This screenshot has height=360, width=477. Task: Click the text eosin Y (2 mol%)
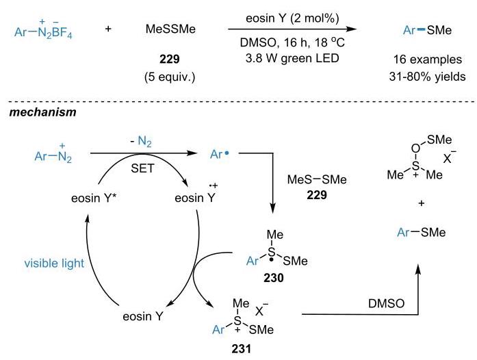click(292, 18)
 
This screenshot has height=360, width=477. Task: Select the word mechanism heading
click(42, 112)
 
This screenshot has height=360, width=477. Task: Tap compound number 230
click(274, 278)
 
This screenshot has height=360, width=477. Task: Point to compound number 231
click(242, 349)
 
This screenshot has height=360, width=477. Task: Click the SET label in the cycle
click(142, 168)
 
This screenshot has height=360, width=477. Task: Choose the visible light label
click(54, 263)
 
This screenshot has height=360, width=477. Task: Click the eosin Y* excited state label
click(94, 198)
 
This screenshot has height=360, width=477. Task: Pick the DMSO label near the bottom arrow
click(387, 303)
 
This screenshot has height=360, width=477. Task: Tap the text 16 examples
click(428, 60)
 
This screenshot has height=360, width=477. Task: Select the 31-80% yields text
click(427, 77)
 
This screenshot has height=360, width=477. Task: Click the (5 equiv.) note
click(170, 77)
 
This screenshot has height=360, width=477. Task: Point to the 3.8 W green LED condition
click(292, 58)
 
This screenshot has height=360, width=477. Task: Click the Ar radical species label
click(219, 155)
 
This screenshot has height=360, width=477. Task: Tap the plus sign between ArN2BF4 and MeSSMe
click(108, 29)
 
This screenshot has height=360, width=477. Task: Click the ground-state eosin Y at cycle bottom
click(142, 316)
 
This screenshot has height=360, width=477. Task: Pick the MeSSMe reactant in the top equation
click(170, 29)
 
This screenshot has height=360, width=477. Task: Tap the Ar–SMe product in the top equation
click(427, 30)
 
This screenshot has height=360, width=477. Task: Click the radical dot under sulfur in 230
click(272, 261)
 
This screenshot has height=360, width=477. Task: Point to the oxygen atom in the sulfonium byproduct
click(415, 149)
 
